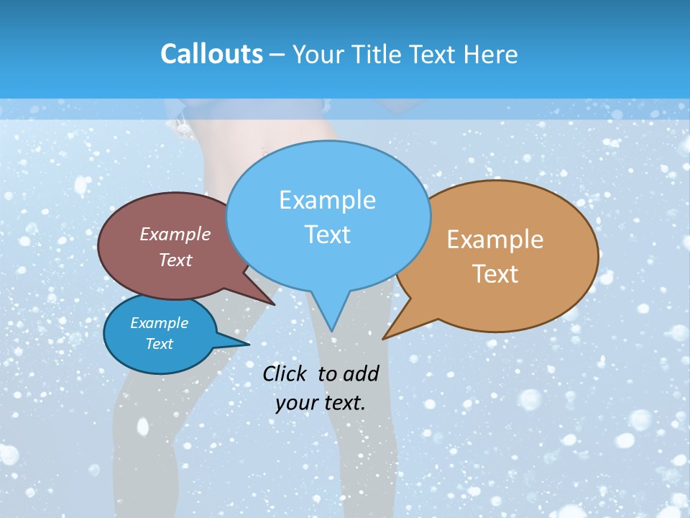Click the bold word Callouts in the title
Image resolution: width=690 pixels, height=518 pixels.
click(x=211, y=54)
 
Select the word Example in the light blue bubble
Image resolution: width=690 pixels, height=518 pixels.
click(x=327, y=199)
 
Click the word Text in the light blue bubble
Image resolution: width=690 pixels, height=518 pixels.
click(x=327, y=234)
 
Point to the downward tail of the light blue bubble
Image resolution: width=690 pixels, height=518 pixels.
click(x=331, y=320)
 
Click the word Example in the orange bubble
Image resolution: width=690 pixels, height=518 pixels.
click(x=495, y=239)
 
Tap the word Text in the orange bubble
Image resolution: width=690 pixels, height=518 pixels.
click(x=495, y=273)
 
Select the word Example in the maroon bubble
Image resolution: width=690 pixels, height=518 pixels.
click(x=175, y=234)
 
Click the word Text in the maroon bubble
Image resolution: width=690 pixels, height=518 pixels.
click(x=175, y=260)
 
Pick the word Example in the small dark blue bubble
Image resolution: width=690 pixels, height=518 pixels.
click(x=159, y=323)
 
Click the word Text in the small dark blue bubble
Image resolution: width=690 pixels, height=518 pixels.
click(x=159, y=344)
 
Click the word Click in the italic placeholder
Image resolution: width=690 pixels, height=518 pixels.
click(x=285, y=373)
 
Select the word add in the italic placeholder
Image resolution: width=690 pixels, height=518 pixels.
click(x=360, y=373)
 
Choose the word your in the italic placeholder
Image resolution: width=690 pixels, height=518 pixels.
click(x=296, y=403)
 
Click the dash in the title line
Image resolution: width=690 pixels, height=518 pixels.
click(x=277, y=55)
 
